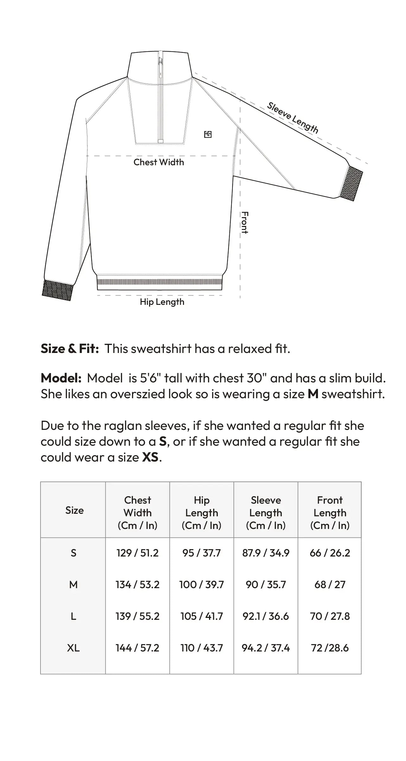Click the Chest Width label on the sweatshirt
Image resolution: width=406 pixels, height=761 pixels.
point(159,162)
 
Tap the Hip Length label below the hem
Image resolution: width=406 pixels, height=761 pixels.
point(162,302)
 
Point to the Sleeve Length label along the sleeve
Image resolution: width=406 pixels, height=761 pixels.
point(292,117)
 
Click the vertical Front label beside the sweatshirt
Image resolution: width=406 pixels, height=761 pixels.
point(244,223)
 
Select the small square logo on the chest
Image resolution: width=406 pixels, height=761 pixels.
point(208,135)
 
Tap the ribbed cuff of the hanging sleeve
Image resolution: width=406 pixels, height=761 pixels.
point(57,290)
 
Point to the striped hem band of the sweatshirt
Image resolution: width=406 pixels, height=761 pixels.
point(159,282)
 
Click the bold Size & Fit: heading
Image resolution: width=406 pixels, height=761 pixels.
point(70,349)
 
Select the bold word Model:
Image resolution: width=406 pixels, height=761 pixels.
point(61,378)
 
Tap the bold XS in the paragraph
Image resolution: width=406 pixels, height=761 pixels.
point(150,457)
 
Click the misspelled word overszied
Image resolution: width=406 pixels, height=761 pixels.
point(147,394)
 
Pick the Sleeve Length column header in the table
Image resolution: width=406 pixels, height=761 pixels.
point(266,513)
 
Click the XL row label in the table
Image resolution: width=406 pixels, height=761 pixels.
point(73,648)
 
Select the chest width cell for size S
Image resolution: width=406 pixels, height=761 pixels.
point(137,553)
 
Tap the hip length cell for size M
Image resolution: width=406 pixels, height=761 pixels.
point(201,584)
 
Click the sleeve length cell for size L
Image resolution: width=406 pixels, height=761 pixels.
point(266,616)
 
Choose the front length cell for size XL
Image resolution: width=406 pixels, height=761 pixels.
point(330,648)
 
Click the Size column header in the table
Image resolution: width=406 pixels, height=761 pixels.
point(74,510)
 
